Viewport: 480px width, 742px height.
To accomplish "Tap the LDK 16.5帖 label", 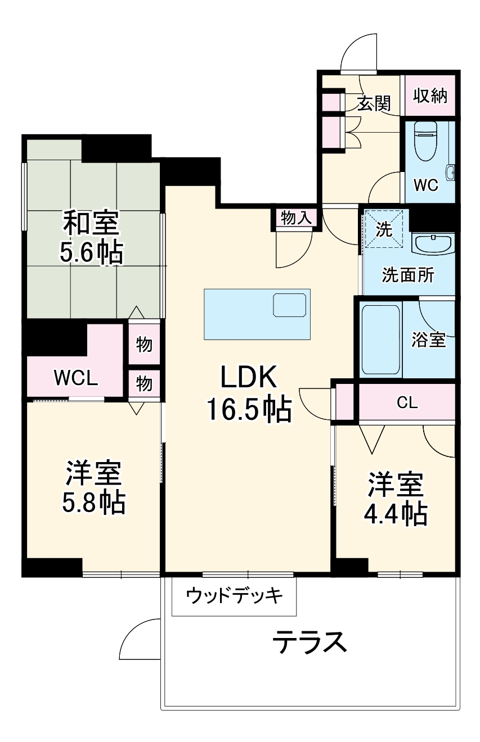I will tap(248, 393).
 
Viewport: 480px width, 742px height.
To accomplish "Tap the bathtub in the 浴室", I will tap(380, 340).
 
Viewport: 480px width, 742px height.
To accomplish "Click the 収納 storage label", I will tap(430, 96).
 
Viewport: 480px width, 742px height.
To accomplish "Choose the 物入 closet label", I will tap(296, 218).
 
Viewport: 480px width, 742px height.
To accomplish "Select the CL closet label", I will tap(407, 402).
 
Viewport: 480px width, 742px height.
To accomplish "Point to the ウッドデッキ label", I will tap(234, 595).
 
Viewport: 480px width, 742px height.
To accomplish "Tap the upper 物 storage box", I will tap(145, 344).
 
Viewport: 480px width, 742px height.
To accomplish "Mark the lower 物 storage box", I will tap(145, 384).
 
